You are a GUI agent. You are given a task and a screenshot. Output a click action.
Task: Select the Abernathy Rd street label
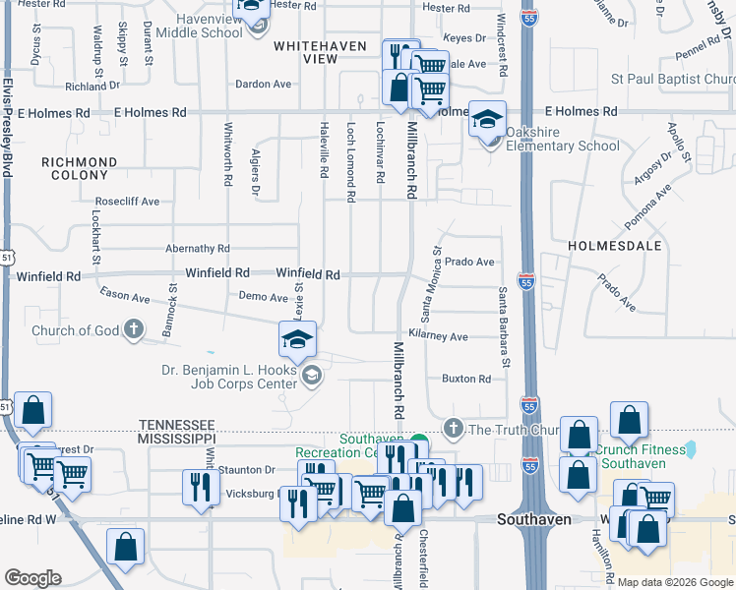click(198, 250)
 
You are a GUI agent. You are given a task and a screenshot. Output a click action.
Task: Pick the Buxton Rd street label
click(465, 379)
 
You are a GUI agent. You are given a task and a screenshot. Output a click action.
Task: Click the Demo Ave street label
click(264, 296)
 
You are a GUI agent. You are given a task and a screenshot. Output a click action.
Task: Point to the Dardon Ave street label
click(265, 85)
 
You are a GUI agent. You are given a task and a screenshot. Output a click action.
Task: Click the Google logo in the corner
click(32, 578)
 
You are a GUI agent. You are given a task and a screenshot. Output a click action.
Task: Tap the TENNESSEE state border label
click(176, 420)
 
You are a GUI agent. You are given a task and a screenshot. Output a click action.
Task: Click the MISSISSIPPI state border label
click(176, 437)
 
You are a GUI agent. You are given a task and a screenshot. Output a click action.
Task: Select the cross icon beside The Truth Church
click(453, 429)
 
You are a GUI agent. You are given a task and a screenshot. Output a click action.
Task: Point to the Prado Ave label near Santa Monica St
click(469, 263)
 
